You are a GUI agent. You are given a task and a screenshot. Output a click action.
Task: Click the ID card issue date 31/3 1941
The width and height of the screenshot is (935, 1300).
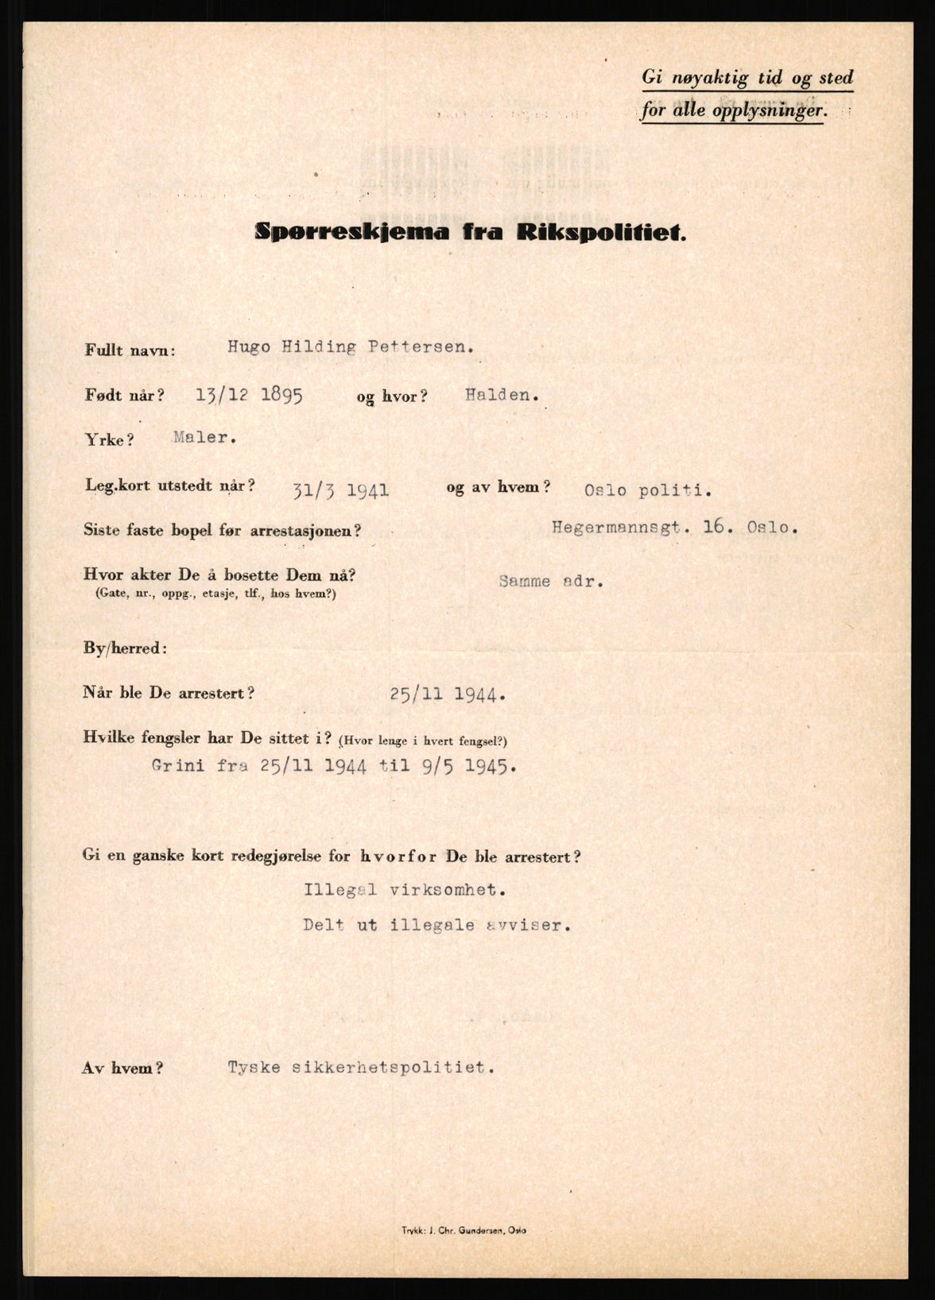340,490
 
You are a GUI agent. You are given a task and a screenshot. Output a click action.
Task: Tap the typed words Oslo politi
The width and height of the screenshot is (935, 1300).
647,490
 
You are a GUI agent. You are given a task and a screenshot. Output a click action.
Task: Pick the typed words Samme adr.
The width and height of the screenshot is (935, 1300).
551,581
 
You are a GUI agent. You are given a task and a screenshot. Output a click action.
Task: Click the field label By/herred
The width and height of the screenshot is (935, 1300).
125,648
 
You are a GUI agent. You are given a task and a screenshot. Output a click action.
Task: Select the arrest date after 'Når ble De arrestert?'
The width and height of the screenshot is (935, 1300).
448,694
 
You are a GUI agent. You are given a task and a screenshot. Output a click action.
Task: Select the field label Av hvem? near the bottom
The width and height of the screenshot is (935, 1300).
122,1069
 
